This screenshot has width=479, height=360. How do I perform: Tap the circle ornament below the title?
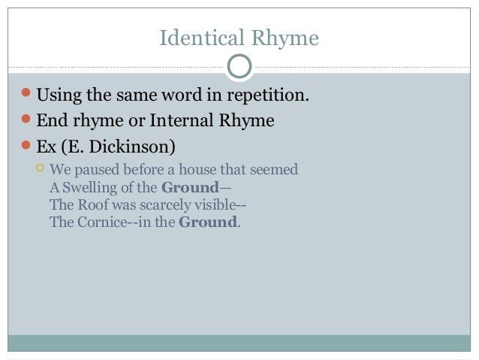(x=239, y=67)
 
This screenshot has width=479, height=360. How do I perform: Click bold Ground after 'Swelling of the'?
(x=189, y=187)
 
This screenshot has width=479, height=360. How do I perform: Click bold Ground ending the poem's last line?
(x=208, y=222)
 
